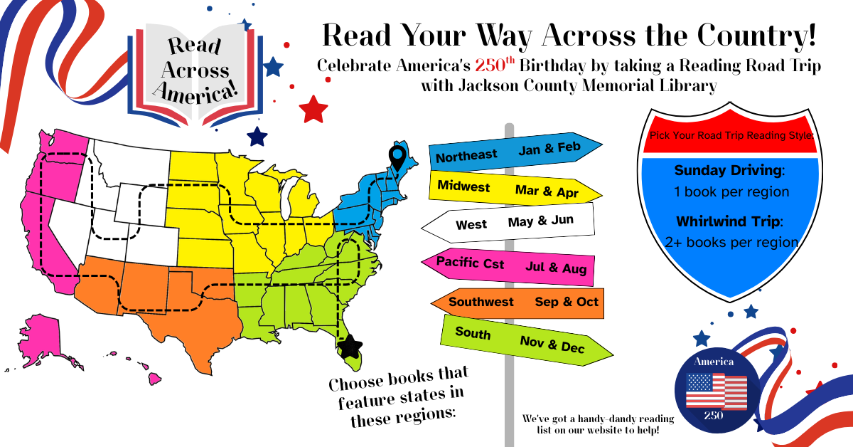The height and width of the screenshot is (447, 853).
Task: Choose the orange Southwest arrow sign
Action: [x=518, y=303]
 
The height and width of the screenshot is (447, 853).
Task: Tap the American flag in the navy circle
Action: [x=716, y=391]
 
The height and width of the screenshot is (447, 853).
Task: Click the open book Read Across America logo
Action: [x=193, y=71]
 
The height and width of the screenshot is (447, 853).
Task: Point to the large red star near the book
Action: [x=313, y=109]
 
